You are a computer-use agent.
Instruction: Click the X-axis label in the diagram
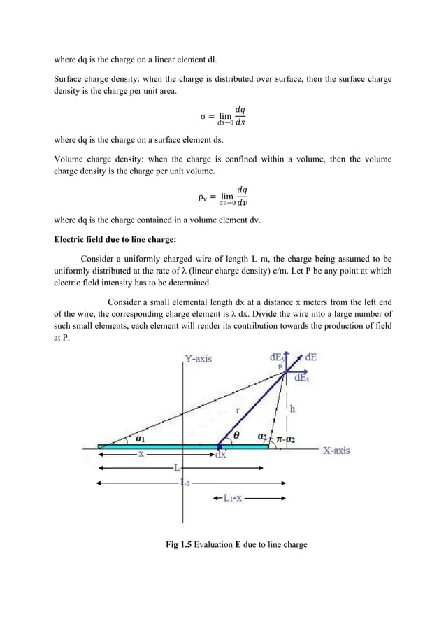pos(336,451)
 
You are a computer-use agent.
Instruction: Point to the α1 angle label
pos(141,439)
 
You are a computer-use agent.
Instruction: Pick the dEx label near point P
pos(302,378)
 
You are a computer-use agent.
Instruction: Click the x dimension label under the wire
pos(141,453)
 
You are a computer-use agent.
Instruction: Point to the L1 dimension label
pos(185,482)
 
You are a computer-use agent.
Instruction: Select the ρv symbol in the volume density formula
pos(200,197)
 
